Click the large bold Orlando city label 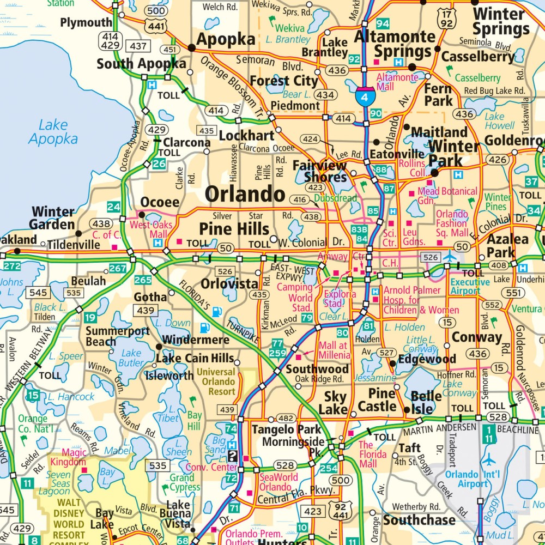pyautogui.click(x=245, y=194)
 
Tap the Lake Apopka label pyautogui.click(x=53, y=132)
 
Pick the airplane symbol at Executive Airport pyautogui.click(x=450, y=256)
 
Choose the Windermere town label pyautogui.click(x=195, y=340)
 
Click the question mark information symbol pyautogui.click(x=233, y=456)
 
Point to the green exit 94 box pyautogui.click(x=383, y=23)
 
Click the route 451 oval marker pyautogui.click(x=170, y=50)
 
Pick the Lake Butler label pyautogui.click(x=131, y=358)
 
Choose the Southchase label pyautogui.click(x=419, y=519)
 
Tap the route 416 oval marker pyautogui.click(x=300, y=200)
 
